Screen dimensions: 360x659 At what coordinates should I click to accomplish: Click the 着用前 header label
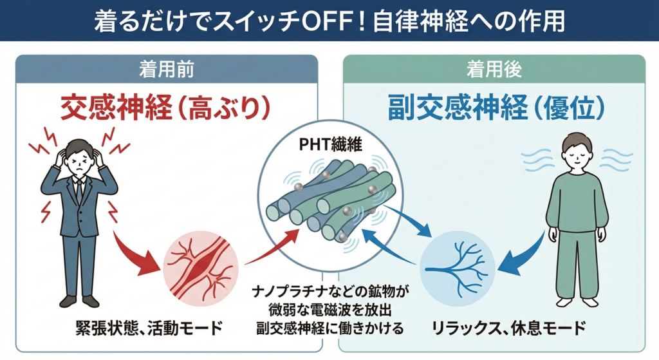167,68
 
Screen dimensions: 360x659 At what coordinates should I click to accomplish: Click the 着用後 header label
494,68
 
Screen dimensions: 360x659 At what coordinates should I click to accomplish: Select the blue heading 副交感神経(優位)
496,108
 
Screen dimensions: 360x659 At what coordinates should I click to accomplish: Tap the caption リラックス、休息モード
508,328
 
